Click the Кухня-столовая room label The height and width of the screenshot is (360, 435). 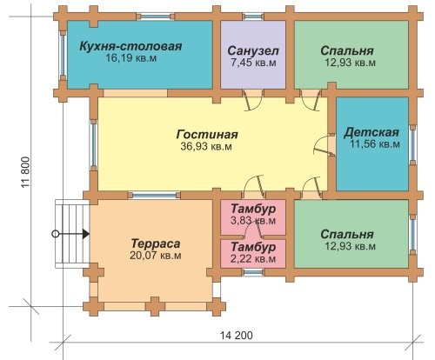tap(130, 46)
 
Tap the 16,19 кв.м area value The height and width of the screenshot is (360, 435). tap(130, 58)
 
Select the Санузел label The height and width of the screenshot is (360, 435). tap(253, 50)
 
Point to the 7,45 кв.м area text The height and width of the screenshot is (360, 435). tap(253, 63)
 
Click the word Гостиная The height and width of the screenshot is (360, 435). tap(207, 135)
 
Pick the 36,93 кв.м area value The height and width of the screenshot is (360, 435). tap(206, 146)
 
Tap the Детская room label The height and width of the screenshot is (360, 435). tap(371, 132)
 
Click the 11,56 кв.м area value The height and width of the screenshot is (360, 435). tap(375, 144)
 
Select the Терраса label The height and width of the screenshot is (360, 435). tap(156, 243)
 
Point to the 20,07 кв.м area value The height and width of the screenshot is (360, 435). tap(156, 256)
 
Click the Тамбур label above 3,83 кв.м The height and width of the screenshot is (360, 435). tap(253, 209)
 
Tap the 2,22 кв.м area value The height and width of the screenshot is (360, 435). tap(253, 259)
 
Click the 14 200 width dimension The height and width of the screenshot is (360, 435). tap(237, 336)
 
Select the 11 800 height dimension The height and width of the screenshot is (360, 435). tap(25, 172)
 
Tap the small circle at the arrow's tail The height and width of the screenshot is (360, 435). tap(56, 234)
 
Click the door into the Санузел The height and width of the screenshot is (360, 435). tap(251, 100)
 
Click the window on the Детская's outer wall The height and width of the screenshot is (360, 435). tap(413, 143)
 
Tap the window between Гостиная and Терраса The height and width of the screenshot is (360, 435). tap(154, 195)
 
